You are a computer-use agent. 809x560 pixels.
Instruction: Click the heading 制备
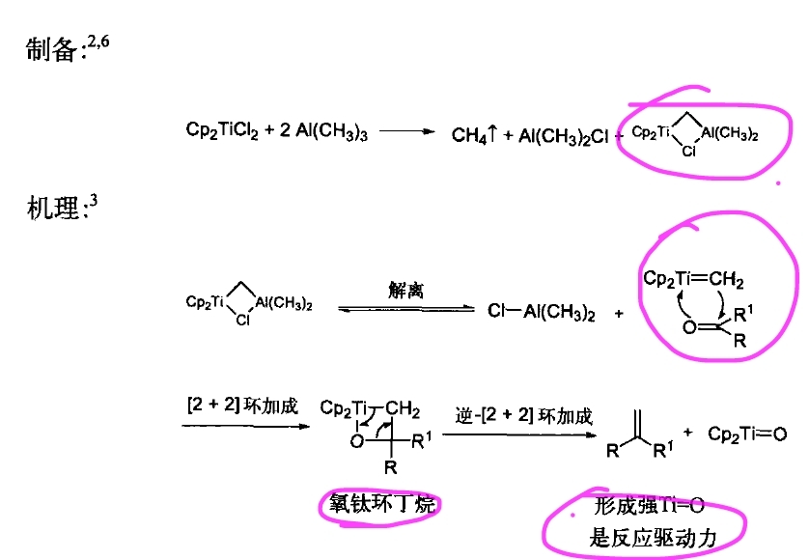50,51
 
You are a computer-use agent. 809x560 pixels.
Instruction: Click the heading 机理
50,207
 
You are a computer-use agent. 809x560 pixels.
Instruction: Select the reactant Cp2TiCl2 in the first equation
222,130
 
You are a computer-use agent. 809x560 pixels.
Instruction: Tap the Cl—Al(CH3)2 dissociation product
541,311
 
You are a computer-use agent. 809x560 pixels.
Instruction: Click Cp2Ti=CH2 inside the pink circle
693,280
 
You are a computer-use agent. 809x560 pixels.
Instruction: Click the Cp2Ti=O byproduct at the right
747,434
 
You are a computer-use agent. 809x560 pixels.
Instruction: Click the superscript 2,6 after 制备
98,41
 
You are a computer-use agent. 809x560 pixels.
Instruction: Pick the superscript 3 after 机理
94,199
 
